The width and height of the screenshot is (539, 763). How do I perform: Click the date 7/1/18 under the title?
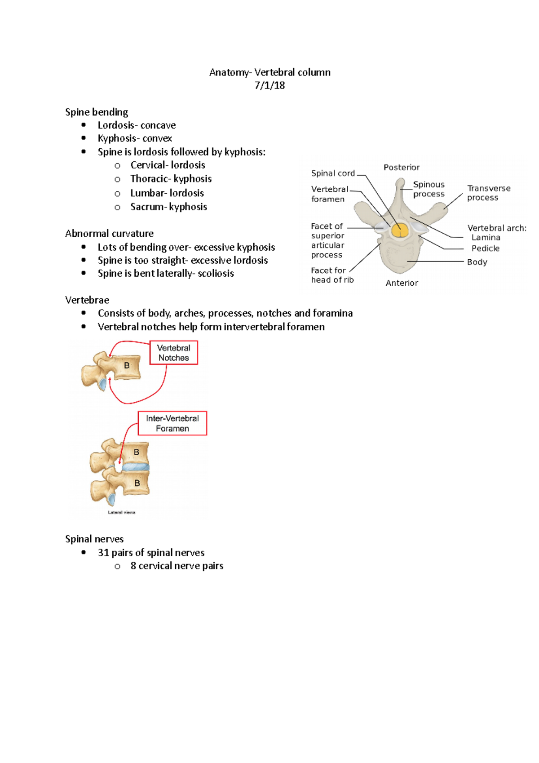coord(269,85)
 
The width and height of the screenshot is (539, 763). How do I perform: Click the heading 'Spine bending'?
coord(97,112)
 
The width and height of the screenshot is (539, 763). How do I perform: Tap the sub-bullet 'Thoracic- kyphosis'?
coord(171,179)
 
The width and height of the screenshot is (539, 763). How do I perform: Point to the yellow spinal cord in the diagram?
coord(399,230)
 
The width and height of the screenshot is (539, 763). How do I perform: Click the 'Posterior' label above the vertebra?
coord(401,167)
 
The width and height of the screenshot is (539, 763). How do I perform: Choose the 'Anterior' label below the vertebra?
coord(402,283)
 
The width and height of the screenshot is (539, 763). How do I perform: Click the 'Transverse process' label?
coord(488,193)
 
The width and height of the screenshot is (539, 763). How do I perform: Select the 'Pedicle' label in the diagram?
coord(485,248)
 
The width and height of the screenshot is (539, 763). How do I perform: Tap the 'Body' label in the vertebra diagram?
coord(477,262)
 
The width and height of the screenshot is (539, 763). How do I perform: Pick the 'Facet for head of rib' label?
coord(332,275)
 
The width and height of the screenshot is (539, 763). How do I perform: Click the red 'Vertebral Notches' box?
coord(173,353)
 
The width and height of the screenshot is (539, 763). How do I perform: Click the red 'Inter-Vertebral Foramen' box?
coord(172,423)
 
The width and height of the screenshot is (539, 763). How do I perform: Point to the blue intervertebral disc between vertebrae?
coord(135,467)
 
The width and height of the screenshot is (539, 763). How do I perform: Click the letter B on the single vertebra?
coord(127,366)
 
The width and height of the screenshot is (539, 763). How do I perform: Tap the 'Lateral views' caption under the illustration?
coord(121,512)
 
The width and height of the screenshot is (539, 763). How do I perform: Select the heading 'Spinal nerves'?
coord(94,539)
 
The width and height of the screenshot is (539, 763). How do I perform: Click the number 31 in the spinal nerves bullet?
coord(103,553)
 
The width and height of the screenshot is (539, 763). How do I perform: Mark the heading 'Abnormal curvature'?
coord(109,234)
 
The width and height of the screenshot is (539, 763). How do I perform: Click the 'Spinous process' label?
coord(429,189)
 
